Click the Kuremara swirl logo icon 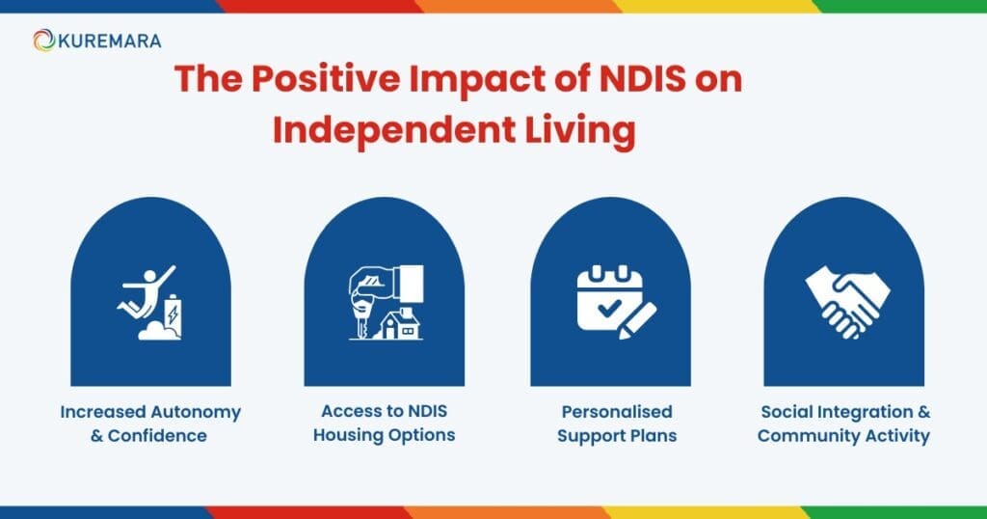tap(42, 41)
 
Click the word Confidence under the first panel tap(157, 435)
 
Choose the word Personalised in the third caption tap(616, 412)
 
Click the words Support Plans tap(618, 435)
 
